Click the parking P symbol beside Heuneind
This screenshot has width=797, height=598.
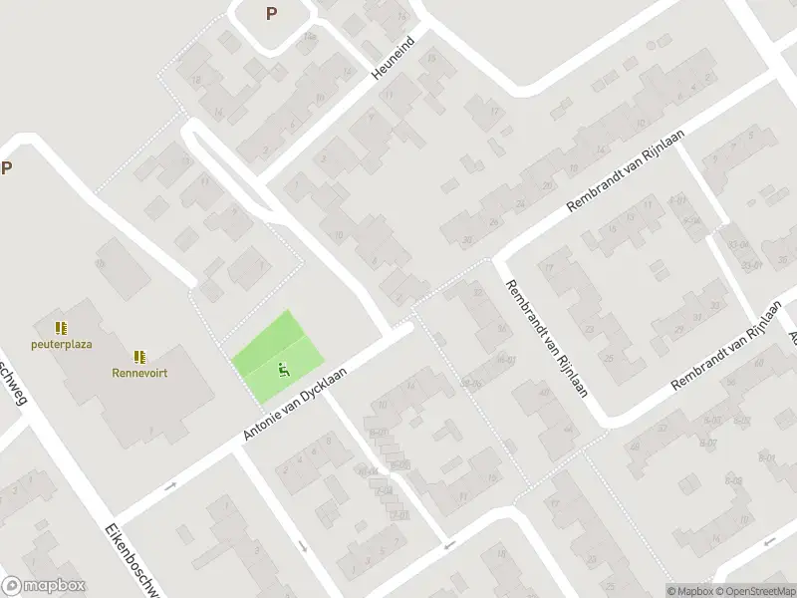270,13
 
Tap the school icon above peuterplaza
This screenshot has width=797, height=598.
61,327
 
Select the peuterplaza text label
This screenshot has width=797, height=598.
62,344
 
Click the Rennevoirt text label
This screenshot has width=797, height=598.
139,374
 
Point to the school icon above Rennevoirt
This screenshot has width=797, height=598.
139,356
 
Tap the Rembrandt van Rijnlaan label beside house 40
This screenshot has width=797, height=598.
546,338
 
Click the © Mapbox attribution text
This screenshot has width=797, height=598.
691,590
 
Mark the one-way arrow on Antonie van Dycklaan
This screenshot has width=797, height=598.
170,486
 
